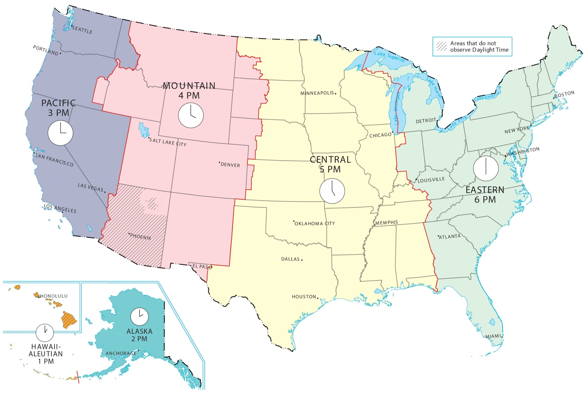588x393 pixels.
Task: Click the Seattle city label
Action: pyautogui.click(x=82, y=30)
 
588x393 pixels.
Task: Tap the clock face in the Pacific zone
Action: pyautogui.click(x=60, y=133)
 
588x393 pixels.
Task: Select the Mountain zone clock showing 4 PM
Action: pyautogui.click(x=191, y=115)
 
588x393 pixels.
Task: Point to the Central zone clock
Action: pyautogui.click(x=332, y=191)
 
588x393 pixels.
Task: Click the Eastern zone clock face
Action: pyautogui.click(x=486, y=168)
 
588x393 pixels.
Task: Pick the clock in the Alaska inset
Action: pyautogui.click(x=139, y=317)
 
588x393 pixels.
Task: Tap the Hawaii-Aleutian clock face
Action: pyautogui.click(x=45, y=333)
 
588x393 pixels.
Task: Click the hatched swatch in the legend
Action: pyautogui.click(x=441, y=46)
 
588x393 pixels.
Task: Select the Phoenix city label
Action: pyautogui.click(x=140, y=237)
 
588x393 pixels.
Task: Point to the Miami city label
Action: pyautogui.click(x=493, y=336)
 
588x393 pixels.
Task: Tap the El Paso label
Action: pyautogui.click(x=202, y=267)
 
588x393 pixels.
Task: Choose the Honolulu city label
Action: pyautogui.click(x=54, y=296)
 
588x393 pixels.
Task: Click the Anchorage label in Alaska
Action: pyautogui.click(x=121, y=353)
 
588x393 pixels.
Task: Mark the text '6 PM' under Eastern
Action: pyautogui.click(x=485, y=200)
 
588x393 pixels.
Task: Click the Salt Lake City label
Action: pyautogui.click(x=168, y=142)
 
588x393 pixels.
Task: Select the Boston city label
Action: pyautogui.click(x=564, y=95)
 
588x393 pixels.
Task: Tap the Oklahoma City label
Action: pyautogui.click(x=314, y=223)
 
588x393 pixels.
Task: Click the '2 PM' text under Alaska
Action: pyautogui.click(x=139, y=339)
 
